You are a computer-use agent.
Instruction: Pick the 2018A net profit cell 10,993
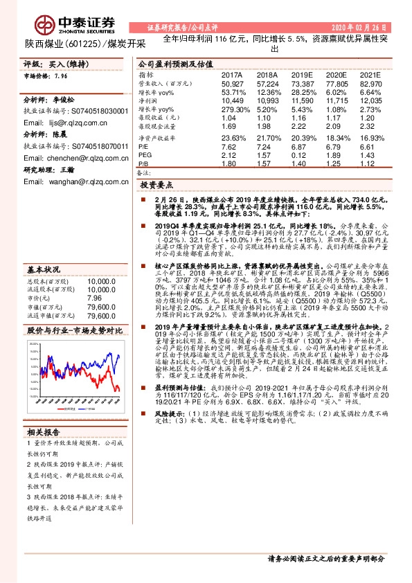point(268,100)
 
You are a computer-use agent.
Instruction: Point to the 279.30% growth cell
point(234,109)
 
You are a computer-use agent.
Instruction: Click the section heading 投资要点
point(158,186)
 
